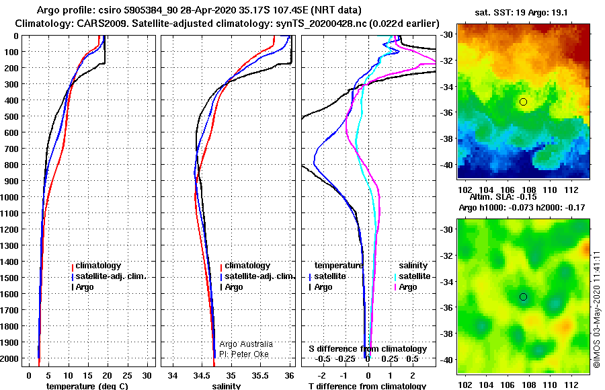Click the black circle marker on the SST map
(x=523, y=102)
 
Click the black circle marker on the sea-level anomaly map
(x=523, y=297)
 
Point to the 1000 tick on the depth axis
(x=10, y=197)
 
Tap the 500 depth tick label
(x=11, y=116)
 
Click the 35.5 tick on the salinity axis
(x=260, y=376)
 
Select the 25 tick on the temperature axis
(x=127, y=376)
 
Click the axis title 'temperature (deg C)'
(x=87, y=386)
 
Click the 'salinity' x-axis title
(x=227, y=386)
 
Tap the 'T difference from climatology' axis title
(x=367, y=386)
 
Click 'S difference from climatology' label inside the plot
(x=368, y=349)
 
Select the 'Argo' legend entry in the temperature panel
(x=83, y=287)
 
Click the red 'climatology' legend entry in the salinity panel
(x=245, y=266)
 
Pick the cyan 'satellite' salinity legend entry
(x=413, y=276)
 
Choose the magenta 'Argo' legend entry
(x=406, y=287)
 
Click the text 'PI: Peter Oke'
(x=244, y=354)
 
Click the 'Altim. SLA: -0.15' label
(x=503, y=197)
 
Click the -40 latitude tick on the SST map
(x=447, y=165)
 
